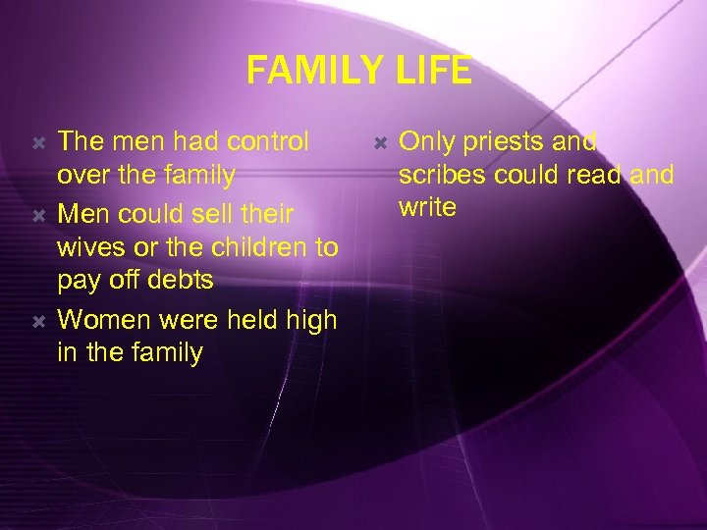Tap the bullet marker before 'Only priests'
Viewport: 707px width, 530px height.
click(x=380, y=142)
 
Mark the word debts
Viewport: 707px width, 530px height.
click(x=179, y=281)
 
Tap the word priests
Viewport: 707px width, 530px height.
click(x=500, y=142)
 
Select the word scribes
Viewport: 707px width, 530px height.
click(x=441, y=176)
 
